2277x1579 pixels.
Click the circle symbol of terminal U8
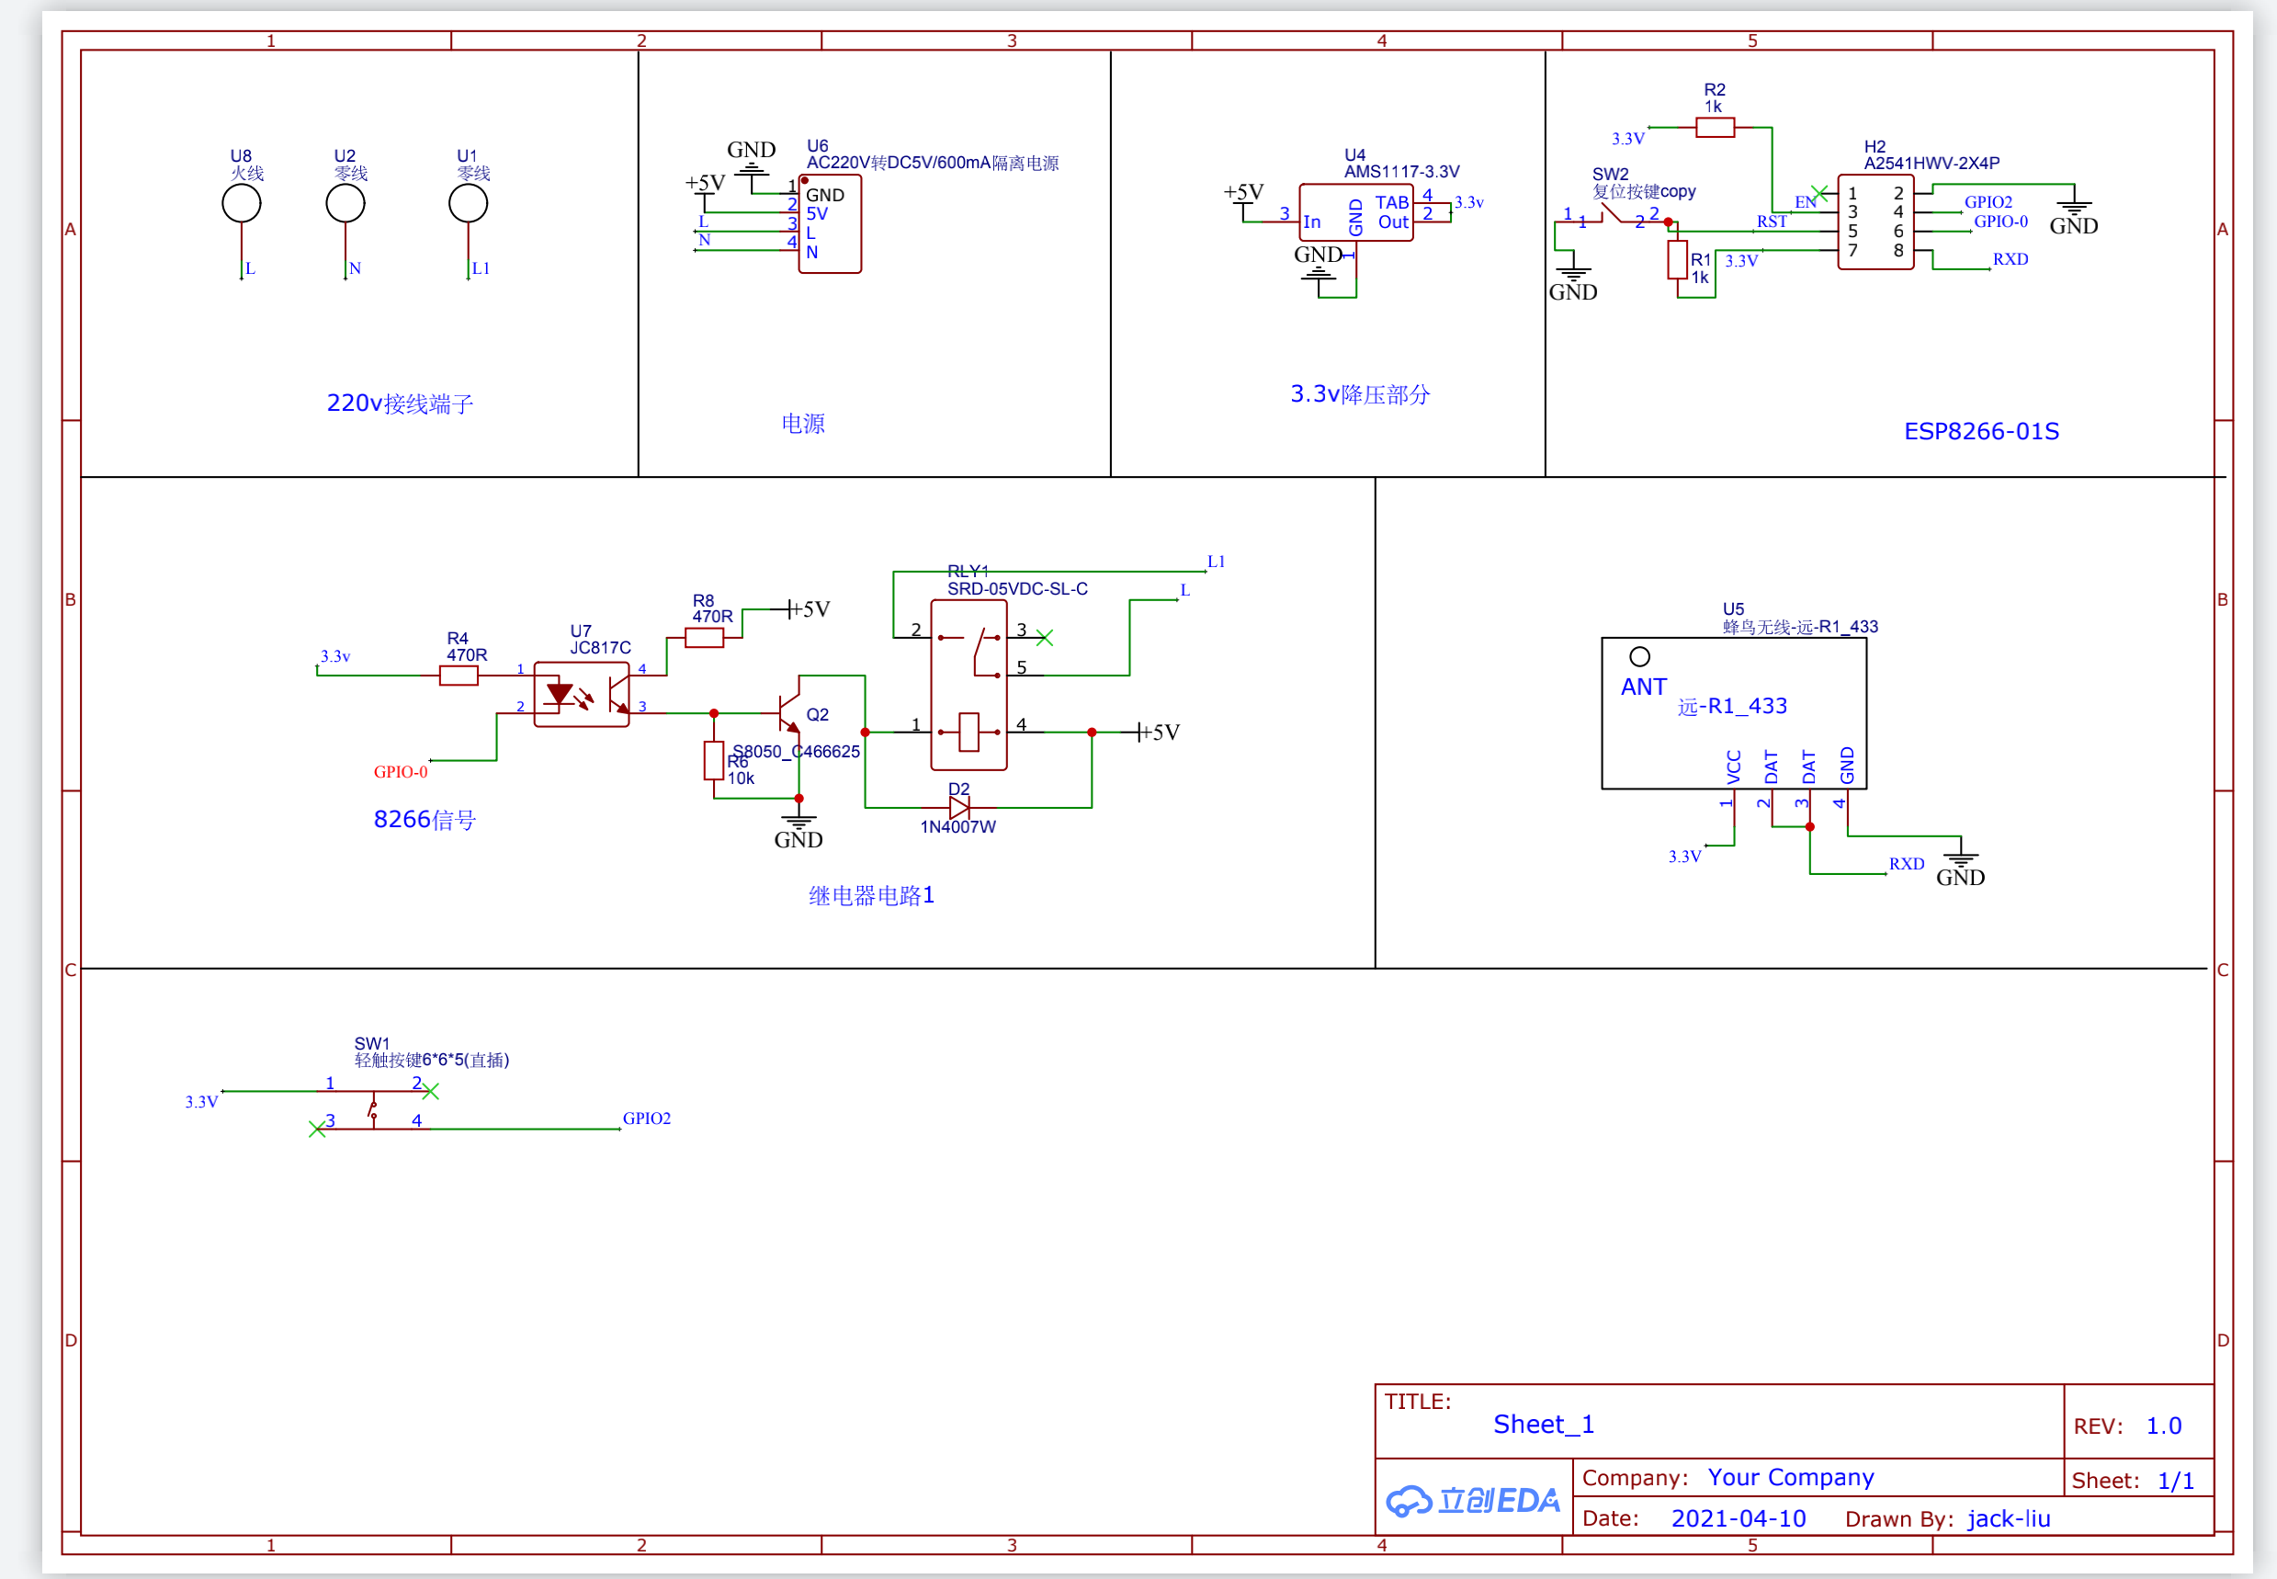[242, 204]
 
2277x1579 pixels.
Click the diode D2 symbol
[958, 808]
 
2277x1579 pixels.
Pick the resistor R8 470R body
[703, 639]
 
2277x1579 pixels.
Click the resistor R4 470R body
[458, 676]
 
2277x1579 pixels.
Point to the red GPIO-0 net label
[401, 772]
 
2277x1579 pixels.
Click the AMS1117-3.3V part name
[1400, 172]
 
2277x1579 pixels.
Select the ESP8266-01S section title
[1981, 431]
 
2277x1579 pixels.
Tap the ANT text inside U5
[1643, 687]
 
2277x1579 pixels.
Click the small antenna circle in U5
[1639, 657]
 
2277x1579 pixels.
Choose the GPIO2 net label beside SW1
[646, 1118]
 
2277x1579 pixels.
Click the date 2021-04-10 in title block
[1738, 1518]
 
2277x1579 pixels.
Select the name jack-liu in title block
[2008, 1518]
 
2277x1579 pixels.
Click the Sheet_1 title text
[1543, 1424]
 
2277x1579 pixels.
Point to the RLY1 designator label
[968, 571]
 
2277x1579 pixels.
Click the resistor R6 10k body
[713, 761]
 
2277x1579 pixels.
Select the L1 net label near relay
[1216, 562]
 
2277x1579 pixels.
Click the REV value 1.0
[2163, 1426]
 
